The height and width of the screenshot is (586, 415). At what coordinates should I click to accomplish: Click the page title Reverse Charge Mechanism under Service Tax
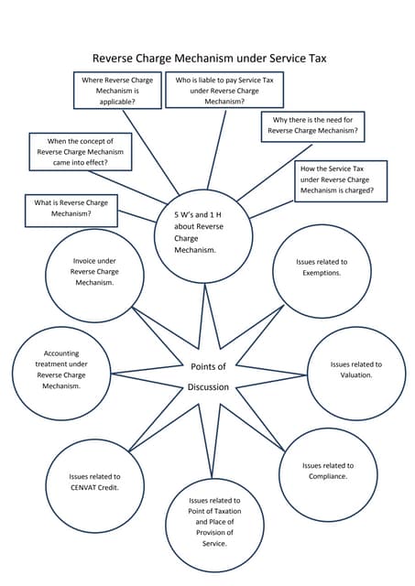(x=209, y=58)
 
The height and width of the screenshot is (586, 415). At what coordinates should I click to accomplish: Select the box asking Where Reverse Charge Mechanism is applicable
(x=117, y=92)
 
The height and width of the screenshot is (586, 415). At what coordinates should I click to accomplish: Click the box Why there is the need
(x=312, y=125)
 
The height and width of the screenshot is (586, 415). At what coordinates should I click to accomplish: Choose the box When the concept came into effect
(x=81, y=152)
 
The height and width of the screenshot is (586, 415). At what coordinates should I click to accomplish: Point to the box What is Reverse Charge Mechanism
(x=71, y=208)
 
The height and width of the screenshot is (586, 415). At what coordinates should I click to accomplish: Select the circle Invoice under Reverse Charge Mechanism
(x=94, y=272)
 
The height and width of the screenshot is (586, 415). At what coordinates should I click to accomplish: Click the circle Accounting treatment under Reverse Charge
(x=61, y=370)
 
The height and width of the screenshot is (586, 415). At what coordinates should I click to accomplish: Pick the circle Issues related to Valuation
(x=355, y=370)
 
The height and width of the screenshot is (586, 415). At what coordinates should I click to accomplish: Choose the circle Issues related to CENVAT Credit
(x=94, y=482)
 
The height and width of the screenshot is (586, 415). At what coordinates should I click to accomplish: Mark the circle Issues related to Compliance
(x=327, y=471)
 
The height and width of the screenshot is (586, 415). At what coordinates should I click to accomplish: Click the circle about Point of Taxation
(x=214, y=522)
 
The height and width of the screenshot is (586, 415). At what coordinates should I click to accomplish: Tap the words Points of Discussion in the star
(x=208, y=376)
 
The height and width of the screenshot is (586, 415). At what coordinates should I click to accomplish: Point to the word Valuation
(x=355, y=375)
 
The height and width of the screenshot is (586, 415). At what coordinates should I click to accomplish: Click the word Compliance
(x=327, y=476)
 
